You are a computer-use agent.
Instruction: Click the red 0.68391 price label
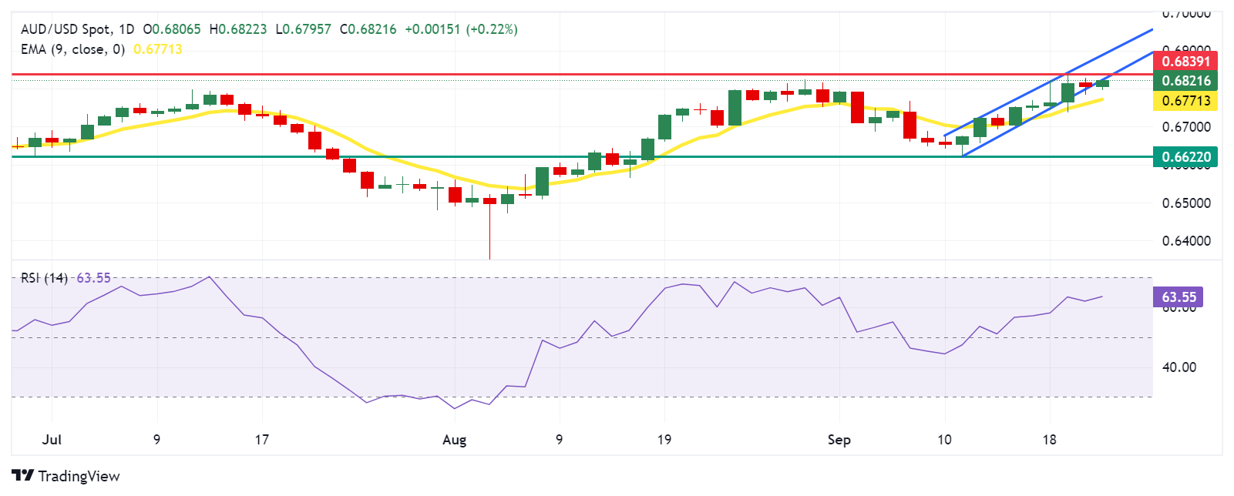pyautogui.click(x=1185, y=61)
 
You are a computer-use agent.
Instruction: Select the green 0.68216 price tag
pyautogui.click(x=1185, y=81)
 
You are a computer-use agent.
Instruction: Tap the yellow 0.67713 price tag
pyautogui.click(x=1185, y=101)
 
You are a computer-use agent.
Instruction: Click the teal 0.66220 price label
pyautogui.click(x=1185, y=157)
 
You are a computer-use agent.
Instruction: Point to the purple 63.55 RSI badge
pyautogui.click(x=1179, y=297)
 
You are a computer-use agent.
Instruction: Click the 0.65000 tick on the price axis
pyautogui.click(x=1185, y=203)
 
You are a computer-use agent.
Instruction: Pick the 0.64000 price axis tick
pyautogui.click(x=1185, y=241)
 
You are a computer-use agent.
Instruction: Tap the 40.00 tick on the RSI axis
pyautogui.click(x=1179, y=367)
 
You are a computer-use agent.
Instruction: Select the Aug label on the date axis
pyautogui.click(x=454, y=440)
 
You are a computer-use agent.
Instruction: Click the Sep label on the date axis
pyautogui.click(x=839, y=440)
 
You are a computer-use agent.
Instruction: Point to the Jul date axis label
pyautogui.click(x=52, y=440)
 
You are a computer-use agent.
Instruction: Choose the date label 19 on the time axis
pyautogui.click(x=664, y=440)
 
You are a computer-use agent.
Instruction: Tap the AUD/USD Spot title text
pyautogui.click(x=66, y=29)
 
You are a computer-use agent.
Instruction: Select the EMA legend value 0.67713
pyautogui.click(x=157, y=49)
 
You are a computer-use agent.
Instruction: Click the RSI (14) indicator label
pyautogui.click(x=44, y=278)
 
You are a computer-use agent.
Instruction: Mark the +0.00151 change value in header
pyautogui.click(x=432, y=29)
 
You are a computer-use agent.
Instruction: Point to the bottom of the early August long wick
pyautogui.click(x=489, y=259)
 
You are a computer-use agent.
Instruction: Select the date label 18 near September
pyautogui.click(x=1048, y=440)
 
